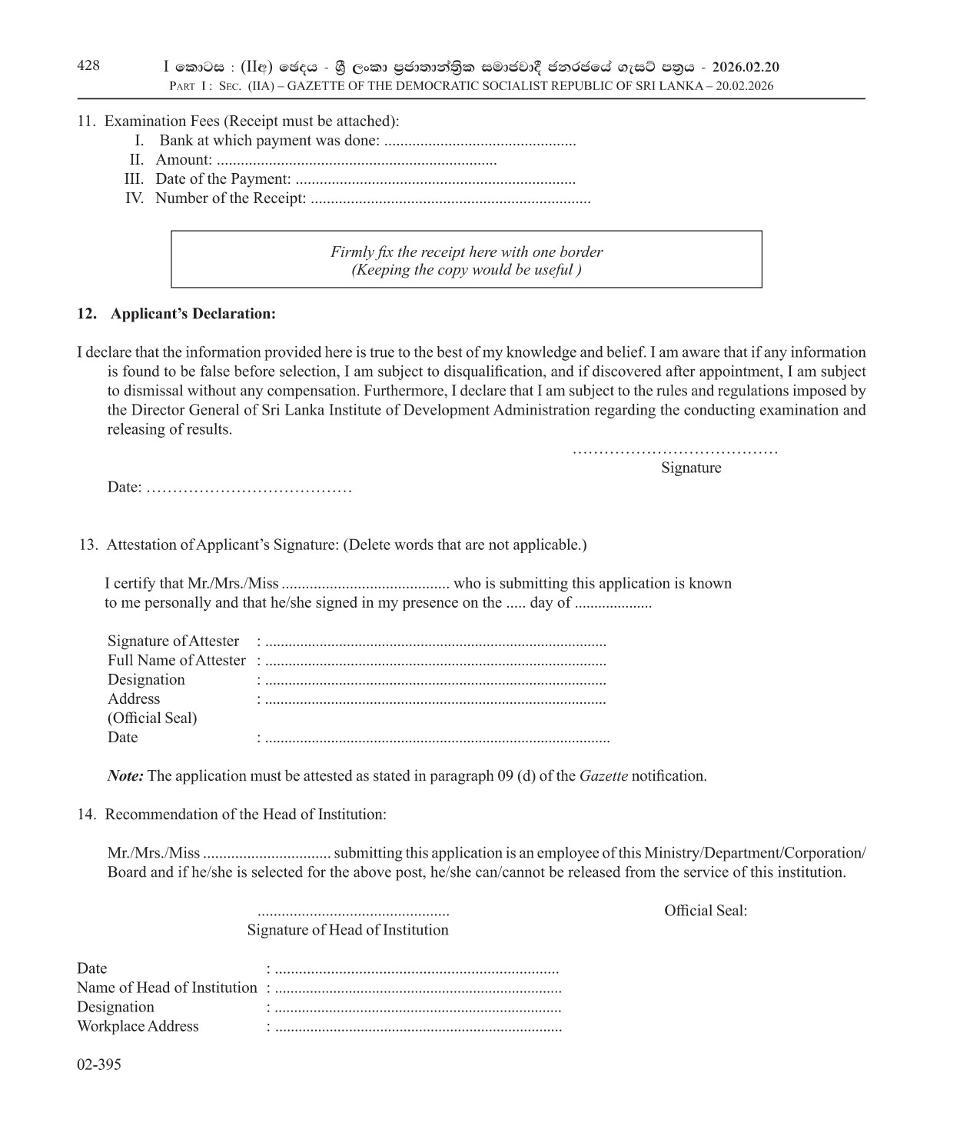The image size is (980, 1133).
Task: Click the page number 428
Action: pyautogui.click(x=88, y=65)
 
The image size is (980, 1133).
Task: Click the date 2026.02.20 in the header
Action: pyautogui.click(x=745, y=67)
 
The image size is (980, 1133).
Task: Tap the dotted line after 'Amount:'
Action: pyautogui.click(x=357, y=161)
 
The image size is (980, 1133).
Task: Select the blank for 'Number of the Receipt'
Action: pyautogui.click(x=450, y=199)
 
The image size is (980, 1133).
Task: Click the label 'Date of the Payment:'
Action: pyautogui.click(x=223, y=179)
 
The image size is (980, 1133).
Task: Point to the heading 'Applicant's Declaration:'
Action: pyautogui.click(x=193, y=314)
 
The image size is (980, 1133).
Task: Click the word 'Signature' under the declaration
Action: pyautogui.click(x=691, y=468)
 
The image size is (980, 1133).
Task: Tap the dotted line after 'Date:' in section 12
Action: pyautogui.click(x=249, y=488)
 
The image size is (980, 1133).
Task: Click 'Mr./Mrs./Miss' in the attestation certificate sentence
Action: pyautogui.click(x=233, y=584)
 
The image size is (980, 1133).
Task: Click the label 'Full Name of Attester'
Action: pyautogui.click(x=177, y=661)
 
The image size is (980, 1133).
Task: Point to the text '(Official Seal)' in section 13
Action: pyautogui.click(x=152, y=718)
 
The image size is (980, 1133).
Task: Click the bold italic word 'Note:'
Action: pyautogui.click(x=125, y=776)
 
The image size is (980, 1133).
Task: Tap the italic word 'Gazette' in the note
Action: pyautogui.click(x=603, y=776)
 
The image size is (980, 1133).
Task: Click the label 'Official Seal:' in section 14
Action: pyautogui.click(x=706, y=911)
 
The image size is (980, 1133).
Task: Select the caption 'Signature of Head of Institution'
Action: pyautogui.click(x=347, y=930)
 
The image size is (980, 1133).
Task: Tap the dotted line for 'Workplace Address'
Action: pyautogui.click(x=418, y=1028)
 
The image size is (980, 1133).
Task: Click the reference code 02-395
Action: pyautogui.click(x=99, y=1065)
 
